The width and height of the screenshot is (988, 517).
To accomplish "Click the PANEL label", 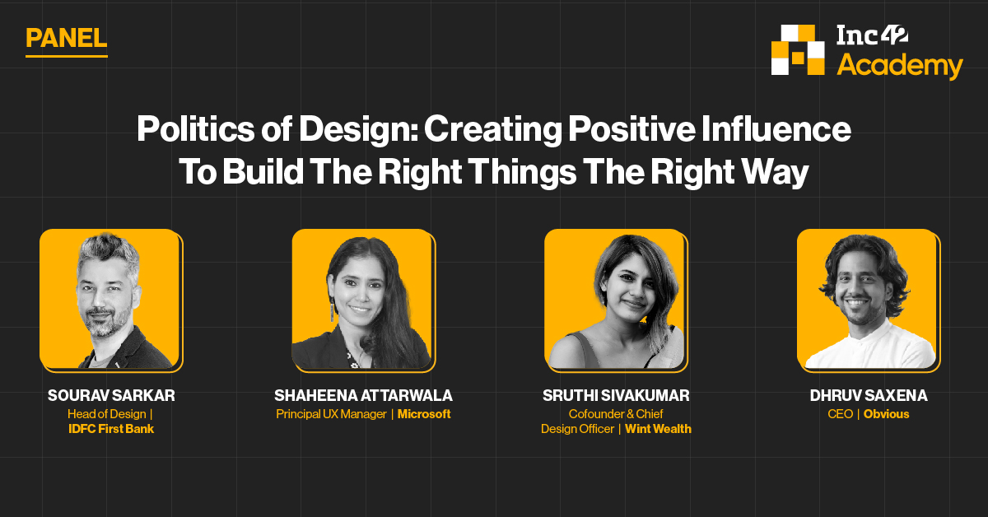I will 66,38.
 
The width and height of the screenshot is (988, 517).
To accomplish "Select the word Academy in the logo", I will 900,65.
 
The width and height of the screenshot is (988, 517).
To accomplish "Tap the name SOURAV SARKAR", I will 111,396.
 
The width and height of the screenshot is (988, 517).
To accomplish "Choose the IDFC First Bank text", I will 111,429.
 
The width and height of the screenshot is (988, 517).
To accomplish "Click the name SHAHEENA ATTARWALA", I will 363,396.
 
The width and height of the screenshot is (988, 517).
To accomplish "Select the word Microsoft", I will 424,414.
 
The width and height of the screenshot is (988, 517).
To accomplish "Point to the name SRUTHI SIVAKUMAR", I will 616,396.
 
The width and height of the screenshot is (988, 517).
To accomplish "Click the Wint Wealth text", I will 658,429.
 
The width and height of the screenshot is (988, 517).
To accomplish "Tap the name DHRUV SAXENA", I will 869,396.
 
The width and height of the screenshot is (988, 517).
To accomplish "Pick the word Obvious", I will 886,414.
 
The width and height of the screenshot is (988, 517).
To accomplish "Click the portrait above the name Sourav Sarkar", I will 111,300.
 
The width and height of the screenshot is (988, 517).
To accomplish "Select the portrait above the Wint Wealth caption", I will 616,300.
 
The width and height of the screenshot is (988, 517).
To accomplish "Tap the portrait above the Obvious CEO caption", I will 869,300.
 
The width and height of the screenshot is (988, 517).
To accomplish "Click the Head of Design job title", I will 108,414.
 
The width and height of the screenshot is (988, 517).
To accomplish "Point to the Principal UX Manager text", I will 331,414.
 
